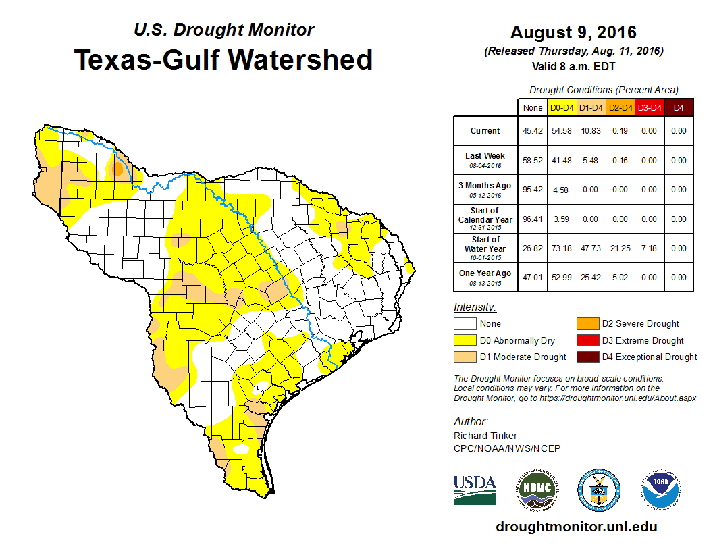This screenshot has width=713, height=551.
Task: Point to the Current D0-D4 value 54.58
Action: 562,131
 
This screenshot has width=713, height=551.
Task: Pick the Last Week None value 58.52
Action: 533,161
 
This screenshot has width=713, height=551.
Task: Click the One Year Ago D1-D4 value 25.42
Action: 591,278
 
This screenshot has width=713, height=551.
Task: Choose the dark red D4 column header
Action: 679,107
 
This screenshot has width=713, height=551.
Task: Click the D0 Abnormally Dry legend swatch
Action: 465,340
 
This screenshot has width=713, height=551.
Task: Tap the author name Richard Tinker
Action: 485,436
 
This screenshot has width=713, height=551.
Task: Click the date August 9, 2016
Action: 573,32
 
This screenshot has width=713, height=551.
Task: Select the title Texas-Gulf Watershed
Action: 223,59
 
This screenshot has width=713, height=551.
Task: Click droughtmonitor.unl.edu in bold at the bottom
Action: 576,527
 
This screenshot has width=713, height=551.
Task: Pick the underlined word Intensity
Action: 475,307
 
